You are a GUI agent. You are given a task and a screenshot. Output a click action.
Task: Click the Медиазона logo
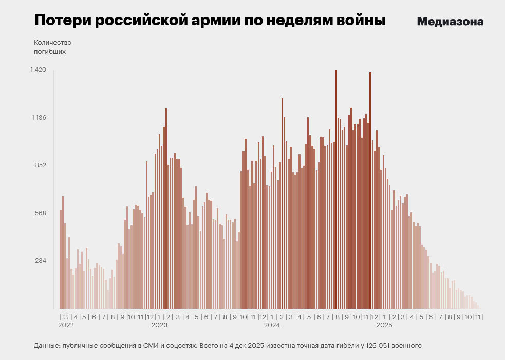pyautogui.click(x=450, y=22)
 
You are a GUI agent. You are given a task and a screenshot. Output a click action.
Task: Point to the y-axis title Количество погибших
pyautogui.click(x=52, y=47)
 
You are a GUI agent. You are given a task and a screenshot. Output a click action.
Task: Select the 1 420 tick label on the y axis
pyautogui.click(x=39, y=70)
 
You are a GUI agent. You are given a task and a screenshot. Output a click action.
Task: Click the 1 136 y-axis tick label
pyautogui.click(x=39, y=118)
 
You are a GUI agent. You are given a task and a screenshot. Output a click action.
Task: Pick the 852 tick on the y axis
pyautogui.click(x=41, y=165)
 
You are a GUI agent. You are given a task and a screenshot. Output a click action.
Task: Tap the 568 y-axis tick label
pyautogui.click(x=41, y=213)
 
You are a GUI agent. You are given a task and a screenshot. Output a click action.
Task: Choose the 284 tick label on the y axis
pyautogui.click(x=41, y=261)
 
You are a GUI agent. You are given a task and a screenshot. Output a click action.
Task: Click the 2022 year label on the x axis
pyautogui.click(x=66, y=325)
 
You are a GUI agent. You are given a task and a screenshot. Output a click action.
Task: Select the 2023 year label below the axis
pyautogui.click(x=159, y=325)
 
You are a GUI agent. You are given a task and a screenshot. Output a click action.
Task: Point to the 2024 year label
pyautogui.click(x=272, y=325)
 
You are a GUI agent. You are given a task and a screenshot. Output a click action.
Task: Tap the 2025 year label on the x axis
pyautogui.click(x=384, y=325)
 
